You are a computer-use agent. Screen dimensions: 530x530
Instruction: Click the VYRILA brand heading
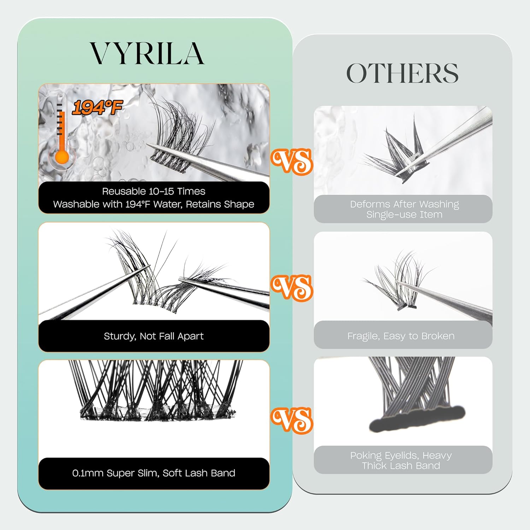[x=147, y=53]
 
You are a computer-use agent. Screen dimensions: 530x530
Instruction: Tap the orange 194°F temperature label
[x=97, y=107]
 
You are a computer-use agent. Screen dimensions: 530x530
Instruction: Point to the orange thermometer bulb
[x=62, y=157]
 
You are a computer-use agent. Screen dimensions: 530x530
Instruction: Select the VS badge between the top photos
[x=292, y=161]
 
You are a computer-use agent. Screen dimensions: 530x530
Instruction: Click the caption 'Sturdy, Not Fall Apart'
[x=154, y=336]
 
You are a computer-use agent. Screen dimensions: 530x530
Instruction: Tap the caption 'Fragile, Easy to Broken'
[x=401, y=336]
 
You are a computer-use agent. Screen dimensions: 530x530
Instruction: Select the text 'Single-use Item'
[x=404, y=214]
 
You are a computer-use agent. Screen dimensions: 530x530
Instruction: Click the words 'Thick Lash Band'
[x=401, y=466]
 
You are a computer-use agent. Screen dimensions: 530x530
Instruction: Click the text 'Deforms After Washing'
[x=404, y=204]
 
